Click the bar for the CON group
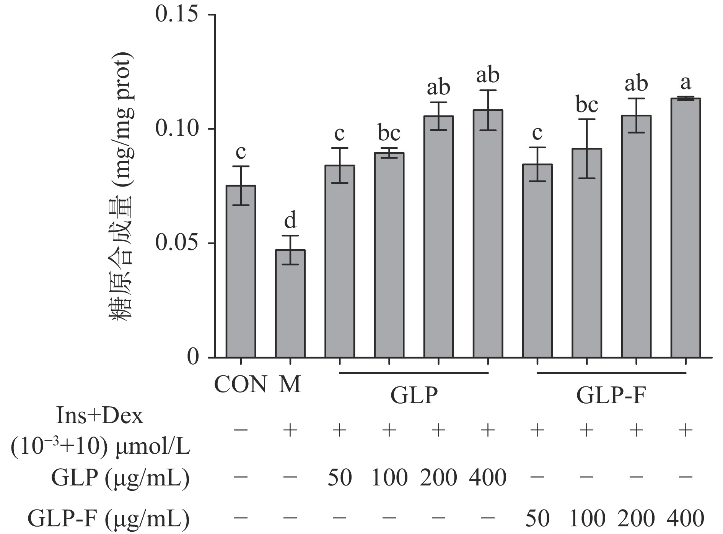241,271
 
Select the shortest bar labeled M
290,304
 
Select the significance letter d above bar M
290,221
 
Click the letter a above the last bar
686,83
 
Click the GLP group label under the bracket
414,396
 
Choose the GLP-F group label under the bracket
611,396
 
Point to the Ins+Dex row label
100,417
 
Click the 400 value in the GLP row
488,477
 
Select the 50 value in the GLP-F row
537,519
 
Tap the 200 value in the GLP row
438,477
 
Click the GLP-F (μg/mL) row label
109,519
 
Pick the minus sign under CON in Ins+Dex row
241,431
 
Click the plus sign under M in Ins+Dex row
290,431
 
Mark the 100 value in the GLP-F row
587,519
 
